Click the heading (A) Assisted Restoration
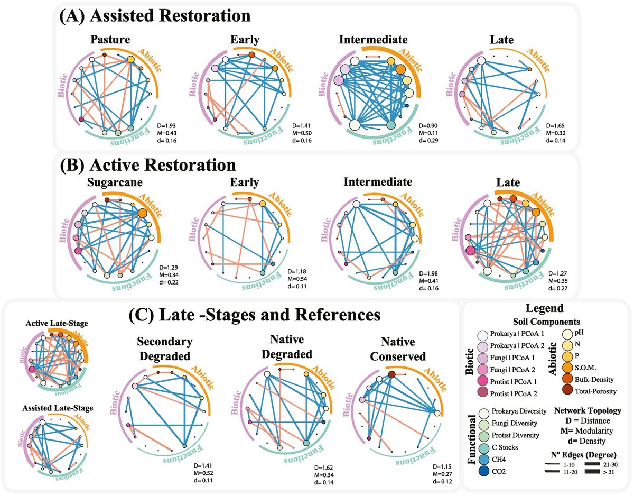click(x=155, y=16)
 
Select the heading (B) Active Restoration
click(x=148, y=165)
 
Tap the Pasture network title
click(x=110, y=40)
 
